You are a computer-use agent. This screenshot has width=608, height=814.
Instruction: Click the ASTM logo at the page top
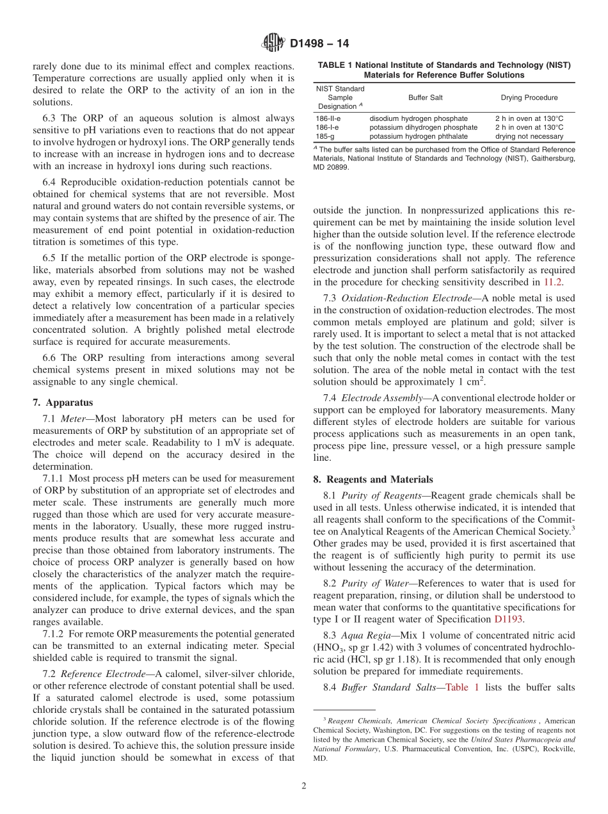point(273,44)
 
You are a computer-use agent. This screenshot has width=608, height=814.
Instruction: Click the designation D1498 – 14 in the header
point(319,44)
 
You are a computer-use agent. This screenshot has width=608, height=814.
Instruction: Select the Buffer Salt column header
point(425,98)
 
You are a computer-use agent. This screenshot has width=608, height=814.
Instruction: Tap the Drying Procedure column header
point(529,98)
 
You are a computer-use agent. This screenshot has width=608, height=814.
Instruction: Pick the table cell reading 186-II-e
point(328,118)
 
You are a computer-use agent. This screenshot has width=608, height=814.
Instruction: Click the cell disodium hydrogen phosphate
point(419,118)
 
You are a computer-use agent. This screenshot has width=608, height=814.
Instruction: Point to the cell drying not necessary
point(529,136)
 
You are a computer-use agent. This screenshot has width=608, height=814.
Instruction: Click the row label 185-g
point(324,136)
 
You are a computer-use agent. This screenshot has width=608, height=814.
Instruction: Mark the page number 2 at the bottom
point(304,786)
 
